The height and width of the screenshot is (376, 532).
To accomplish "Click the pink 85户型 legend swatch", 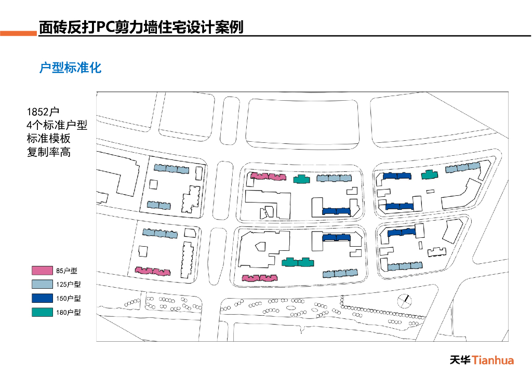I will click(x=42, y=271).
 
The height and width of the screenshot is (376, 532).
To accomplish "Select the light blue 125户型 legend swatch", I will click(x=42, y=285).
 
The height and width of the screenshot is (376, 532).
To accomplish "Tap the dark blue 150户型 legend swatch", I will click(x=42, y=299).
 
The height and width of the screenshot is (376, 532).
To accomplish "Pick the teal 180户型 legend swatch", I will click(x=42, y=313).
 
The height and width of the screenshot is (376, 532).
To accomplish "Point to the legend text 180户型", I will click(x=69, y=313).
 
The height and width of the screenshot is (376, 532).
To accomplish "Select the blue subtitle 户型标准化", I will click(x=71, y=68).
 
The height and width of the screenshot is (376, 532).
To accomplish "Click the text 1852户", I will click(x=44, y=112).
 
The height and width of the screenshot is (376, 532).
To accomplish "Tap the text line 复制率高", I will click(x=49, y=152).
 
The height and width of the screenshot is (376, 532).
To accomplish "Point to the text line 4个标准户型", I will click(x=57, y=125).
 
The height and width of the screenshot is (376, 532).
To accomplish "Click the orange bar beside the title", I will click(x=19, y=34).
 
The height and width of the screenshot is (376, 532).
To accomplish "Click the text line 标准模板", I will click(x=49, y=139).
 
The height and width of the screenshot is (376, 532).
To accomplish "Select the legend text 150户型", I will click(x=69, y=299).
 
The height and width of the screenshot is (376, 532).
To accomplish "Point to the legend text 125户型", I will click(x=69, y=285).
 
